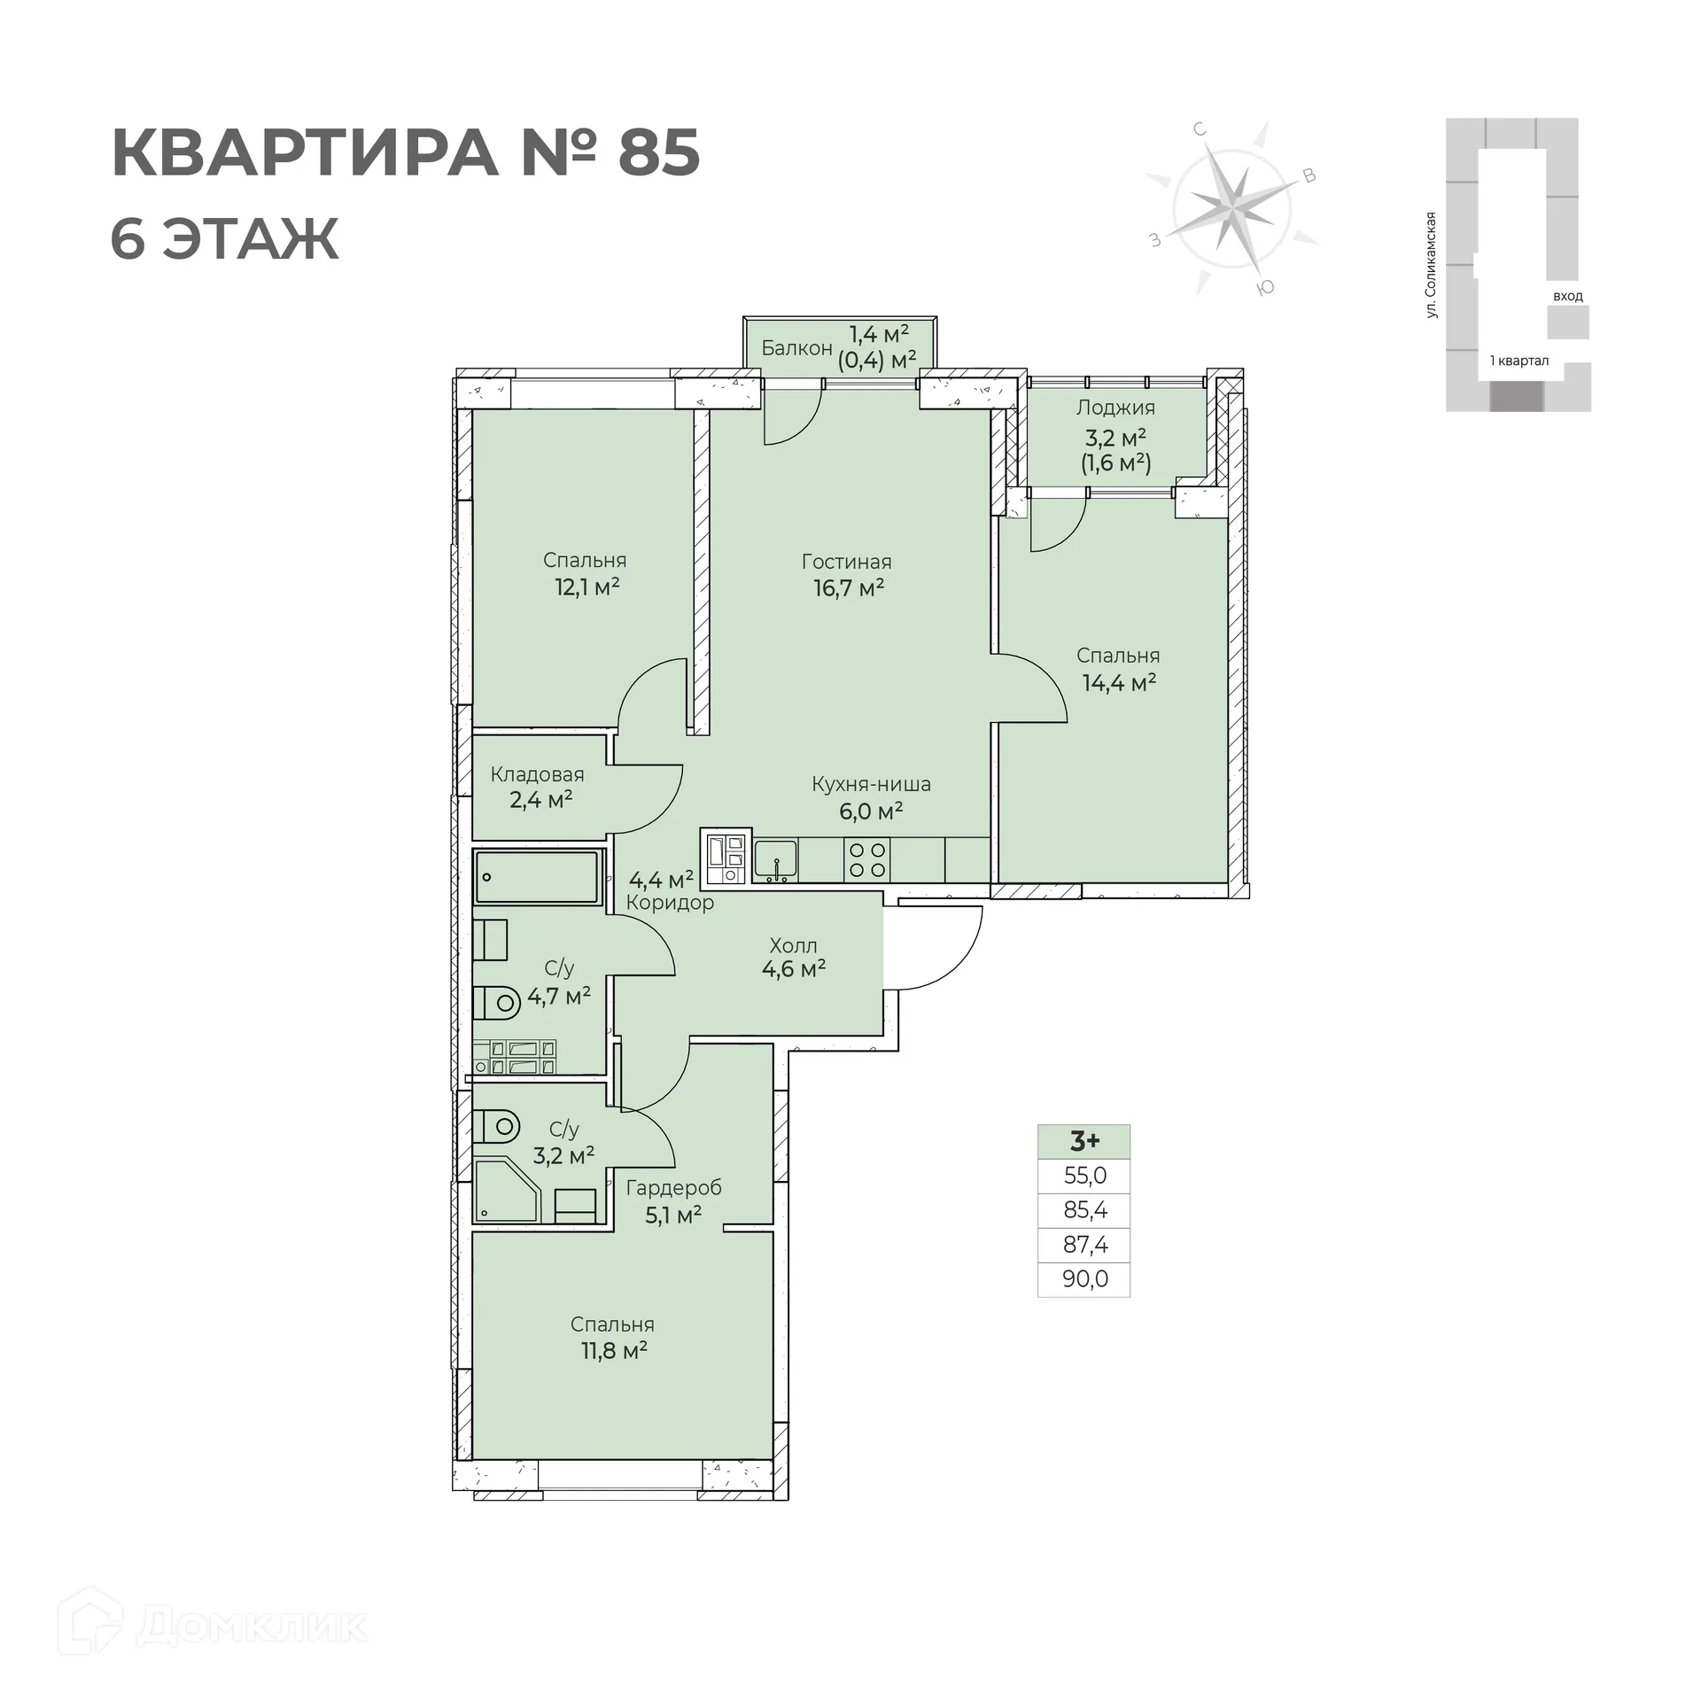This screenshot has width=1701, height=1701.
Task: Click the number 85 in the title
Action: coord(658,153)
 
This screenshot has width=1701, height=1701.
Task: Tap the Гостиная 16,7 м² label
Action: coord(847,574)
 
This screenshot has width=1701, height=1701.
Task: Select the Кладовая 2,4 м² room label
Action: coord(538,787)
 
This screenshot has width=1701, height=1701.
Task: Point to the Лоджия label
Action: coord(1115,408)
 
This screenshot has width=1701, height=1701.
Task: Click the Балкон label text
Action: coord(796,348)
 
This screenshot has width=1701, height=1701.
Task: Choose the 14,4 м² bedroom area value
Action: coord(1119,682)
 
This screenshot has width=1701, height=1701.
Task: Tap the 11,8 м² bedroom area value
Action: coord(613,1350)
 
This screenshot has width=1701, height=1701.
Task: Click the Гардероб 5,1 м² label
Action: coord(673,1200)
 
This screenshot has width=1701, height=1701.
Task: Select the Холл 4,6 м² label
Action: coord(793,957)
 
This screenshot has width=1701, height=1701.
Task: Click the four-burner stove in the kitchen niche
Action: coord(867,859)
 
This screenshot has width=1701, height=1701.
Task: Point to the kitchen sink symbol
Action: coord(775,860)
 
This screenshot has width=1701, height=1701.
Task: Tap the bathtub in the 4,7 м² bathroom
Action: coord(536,877)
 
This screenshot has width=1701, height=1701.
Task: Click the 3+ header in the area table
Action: coord(1084,1141)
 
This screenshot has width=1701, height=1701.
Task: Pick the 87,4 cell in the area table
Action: coord(1084,1245)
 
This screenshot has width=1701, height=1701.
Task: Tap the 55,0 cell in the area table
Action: coord(1084,1176)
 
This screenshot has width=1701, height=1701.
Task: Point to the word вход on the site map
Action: coord(1567,296)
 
